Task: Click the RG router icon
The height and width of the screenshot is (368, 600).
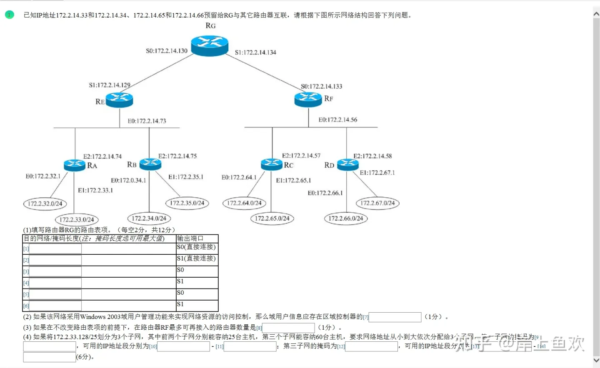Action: click(x=210, y=45)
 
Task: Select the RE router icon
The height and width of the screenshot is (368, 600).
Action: click(x=119, y=100)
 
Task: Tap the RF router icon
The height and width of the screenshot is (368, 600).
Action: click(x=308, y=99)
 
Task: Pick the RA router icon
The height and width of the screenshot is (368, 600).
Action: click(x=75, y=165)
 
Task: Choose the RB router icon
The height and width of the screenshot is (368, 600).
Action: click(x=150, y=164)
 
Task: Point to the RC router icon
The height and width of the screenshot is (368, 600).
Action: click(x=272, y=164)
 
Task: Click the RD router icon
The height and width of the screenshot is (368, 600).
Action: click(x=347, y=164)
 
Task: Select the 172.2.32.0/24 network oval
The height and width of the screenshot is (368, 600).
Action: click(x=45, y=204)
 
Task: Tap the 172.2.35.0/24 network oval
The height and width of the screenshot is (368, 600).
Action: click(x=187, y=203)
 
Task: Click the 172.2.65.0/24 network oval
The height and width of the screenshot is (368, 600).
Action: click(x=272, y=218)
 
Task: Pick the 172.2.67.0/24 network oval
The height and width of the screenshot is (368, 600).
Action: click(x=377, y=203)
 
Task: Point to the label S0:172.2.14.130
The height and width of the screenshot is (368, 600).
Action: click(x=167, y=51)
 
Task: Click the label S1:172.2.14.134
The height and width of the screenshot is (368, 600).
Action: click(x=255, y=52)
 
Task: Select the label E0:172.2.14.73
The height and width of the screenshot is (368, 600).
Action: click(x=147, y=121)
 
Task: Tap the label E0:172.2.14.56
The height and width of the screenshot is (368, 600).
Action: click(x=338, y=120)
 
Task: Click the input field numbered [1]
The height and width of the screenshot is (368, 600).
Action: click(x=55, y=249)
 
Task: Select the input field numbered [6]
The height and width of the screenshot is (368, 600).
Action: click(x=55, y=306)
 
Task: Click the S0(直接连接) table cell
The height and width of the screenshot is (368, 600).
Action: click(x=197, y=247)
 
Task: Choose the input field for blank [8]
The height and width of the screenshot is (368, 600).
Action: click(x=288, y=328)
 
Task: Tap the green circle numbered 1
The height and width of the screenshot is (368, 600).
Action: click(x=10, y=15)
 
